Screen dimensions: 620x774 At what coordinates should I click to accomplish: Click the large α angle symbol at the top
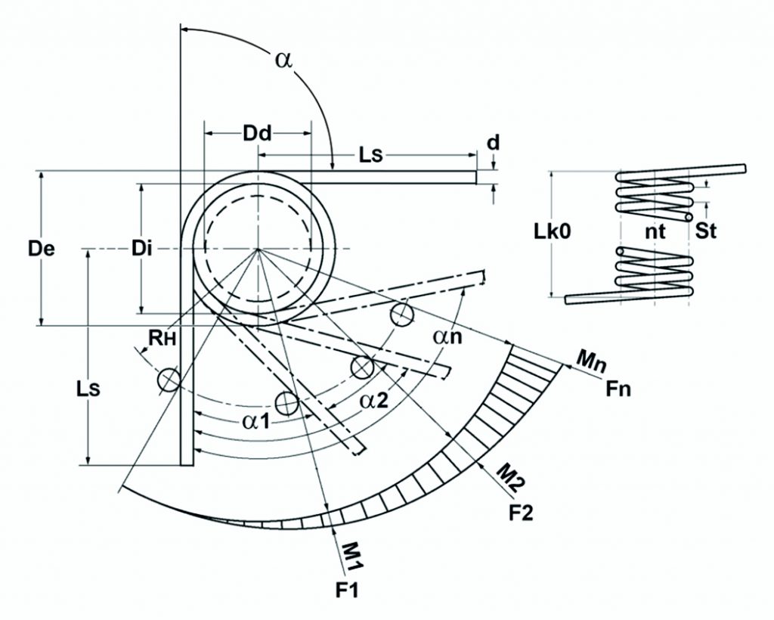click(283, 61)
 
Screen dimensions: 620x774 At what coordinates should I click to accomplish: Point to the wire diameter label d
click(493, 142)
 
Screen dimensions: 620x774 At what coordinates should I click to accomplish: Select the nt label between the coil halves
click(655, 232)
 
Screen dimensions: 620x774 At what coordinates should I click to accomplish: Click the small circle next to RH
click(169, 380)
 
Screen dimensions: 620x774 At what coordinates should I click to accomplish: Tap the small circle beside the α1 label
click(286, 403)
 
